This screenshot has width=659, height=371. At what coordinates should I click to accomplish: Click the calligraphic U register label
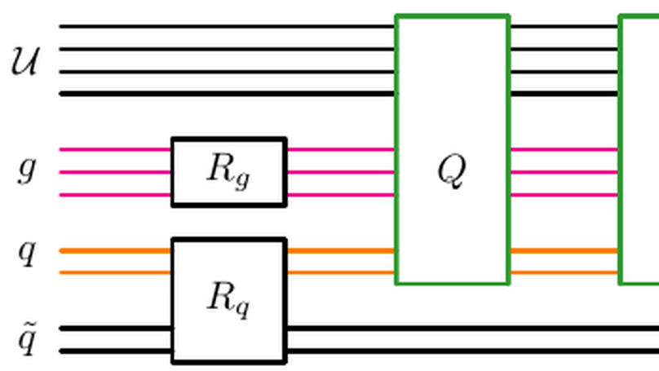[x=27, y=61]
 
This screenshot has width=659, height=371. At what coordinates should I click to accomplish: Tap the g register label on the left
[x=27, y=170]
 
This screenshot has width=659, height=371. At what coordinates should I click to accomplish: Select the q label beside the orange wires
[x=28, y=253]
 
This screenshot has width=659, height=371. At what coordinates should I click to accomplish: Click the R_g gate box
[x=228, y=171]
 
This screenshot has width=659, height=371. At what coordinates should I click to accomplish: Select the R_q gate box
[x=228, y=299]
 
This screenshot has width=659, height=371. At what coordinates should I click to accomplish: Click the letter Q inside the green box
[x=451, y=171]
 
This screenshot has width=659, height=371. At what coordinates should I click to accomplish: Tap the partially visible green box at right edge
[x=640, y=149]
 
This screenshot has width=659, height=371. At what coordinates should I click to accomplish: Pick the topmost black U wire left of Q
[x=228, y=26]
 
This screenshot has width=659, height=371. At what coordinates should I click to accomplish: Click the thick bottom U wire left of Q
[x=228, y=94]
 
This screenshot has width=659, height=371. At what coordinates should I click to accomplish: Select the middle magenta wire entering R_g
[x=114, y=172]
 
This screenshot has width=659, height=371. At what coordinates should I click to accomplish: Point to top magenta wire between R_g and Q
[x=341, y=149]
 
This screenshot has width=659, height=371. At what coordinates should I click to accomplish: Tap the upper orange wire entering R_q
[x=114, y=250]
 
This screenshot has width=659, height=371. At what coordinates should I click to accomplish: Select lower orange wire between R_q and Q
[x=341, y=272]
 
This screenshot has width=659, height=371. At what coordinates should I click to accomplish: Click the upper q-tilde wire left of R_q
[x=114, y=329]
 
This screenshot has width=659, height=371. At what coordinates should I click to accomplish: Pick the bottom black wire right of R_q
[x=473, y=351]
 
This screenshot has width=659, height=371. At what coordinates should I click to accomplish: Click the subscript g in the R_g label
[x=243, y=180]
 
